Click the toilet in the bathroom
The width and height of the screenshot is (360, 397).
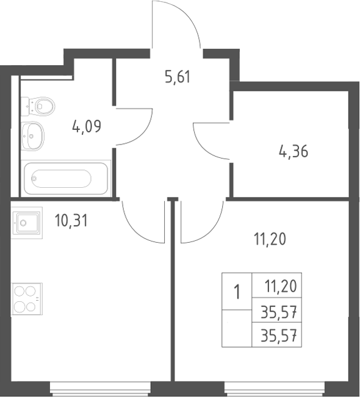pyautogui.click(x=38, y=106)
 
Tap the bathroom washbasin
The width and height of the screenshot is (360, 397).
pyautogui.click(x=32, y=136)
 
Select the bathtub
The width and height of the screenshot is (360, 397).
pyautogui.click(x=66, y=178)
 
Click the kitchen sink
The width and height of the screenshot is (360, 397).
pyautogui.click(x=27, y=223)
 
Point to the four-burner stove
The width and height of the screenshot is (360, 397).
pyautogui.click(x=27, y=299)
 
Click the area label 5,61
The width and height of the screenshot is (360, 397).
pyautogui.click(x=178, y=77)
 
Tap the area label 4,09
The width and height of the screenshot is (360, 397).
pyautogui.click(x=87, y=126)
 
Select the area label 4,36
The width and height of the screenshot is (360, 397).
pyautogui.click(x=293, y=151)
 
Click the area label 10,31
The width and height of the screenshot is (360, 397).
pyautogui.click(x=71, y=221)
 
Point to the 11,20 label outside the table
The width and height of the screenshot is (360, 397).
pyautogui.click(x=270, y=239)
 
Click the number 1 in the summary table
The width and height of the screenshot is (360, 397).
pyautogui.click(x=237, y=291)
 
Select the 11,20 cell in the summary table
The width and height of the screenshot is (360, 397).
pyautogui.click(x=281, y=287)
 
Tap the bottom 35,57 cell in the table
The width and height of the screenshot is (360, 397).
pyautogui.click(x=279, y=336)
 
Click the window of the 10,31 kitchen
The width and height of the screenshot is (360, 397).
pyautogui.click(x=100, y=388)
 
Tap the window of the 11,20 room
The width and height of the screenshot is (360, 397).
pyautogui.click(x=275, y=388)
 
